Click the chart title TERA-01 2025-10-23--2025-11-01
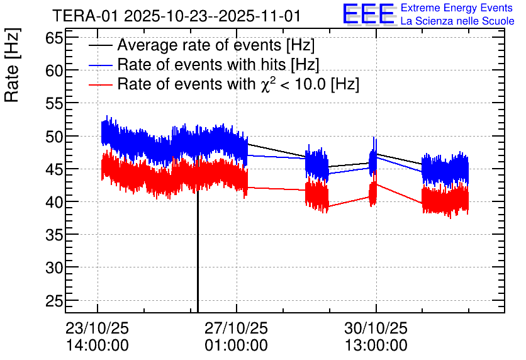pos(176,16)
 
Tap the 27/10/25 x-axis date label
pos(236,329)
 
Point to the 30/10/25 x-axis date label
pos(376,329)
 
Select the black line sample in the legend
pos(101,46)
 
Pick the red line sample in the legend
pos(101,84)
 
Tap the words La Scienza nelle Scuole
pos(457,21)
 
